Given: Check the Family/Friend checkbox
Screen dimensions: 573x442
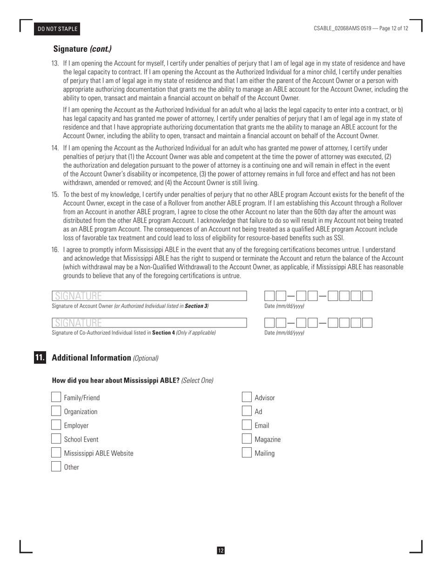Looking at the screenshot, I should tap(56, 397).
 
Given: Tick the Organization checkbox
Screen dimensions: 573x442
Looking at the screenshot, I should tap(56, 411).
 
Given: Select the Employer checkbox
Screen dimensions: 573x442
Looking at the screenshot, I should tap(56, 425).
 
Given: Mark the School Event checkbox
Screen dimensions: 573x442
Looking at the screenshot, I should tap(56, 439).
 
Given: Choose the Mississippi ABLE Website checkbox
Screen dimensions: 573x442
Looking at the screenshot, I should tap(56, 453).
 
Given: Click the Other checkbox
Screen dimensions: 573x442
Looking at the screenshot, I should tap(56, 467).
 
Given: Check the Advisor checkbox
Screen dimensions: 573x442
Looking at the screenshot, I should tap(247, 397).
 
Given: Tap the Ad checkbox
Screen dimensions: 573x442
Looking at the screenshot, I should tap(247, 411).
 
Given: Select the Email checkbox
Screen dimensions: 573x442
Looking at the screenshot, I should tap(247, 425).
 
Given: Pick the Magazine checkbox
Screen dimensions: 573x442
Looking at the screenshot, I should tap(247, 439).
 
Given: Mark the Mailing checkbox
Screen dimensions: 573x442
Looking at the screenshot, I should tap(247, 453).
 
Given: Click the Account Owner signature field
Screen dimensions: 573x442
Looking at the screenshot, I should tap(149, 296).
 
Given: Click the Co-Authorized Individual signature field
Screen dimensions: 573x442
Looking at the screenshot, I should tap(149, 323).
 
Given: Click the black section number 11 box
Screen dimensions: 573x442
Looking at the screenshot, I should tap(40, 358).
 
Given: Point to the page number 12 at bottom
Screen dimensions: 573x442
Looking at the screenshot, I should tap(221, 551).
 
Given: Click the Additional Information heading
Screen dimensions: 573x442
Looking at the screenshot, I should tap(92, 358).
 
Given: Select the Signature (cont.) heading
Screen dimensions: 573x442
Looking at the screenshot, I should tap(82, 49).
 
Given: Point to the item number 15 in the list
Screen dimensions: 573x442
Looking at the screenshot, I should tap(55, 195).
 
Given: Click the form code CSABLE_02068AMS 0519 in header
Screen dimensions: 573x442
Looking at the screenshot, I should tap(342, 28).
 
